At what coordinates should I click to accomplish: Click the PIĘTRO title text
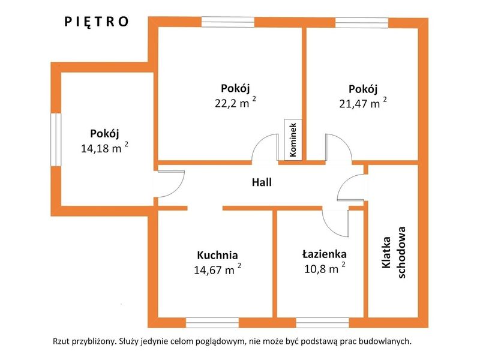click(97, 22)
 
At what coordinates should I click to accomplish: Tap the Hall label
click(262, 182)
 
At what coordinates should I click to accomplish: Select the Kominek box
click(293, 140)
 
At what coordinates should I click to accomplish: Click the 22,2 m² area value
click(235, 103)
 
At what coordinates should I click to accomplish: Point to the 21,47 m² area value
click(363, 103)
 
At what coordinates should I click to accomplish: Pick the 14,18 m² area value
click(104, 148)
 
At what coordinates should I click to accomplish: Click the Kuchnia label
click(217, 255)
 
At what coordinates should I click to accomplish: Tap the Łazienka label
click(325, 254)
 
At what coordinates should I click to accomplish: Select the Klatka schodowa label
click(394, 253)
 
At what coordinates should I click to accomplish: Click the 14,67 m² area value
click(217, 269)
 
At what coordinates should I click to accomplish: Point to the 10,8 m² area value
click(325, 268)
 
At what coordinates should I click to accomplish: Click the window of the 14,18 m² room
click(56, 140)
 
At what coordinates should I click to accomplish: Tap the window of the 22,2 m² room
click(228, 22)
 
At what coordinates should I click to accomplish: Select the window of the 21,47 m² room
click(362, 23)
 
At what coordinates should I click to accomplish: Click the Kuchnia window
click(212, 323)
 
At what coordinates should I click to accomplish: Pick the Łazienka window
click(323, 323)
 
